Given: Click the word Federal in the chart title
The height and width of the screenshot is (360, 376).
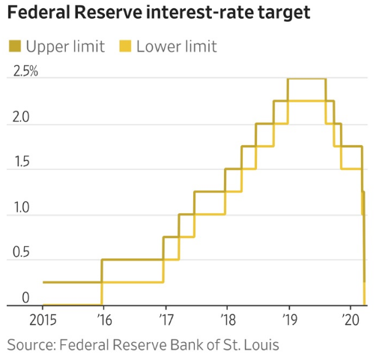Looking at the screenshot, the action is point(39,12).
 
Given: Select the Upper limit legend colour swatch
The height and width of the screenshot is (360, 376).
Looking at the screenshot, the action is point(15,46).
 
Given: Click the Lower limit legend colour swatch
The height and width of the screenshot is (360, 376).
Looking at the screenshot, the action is point(125,46).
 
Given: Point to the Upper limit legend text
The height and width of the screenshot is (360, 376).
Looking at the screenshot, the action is point(65,46).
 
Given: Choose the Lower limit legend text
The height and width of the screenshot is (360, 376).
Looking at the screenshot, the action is point(177,46).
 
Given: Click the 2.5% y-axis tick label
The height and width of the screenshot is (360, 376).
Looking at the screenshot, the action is point(25,71).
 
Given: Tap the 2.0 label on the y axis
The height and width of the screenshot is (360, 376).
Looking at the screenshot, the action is point(21,117).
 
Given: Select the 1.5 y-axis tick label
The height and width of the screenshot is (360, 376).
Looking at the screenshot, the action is point(22,162).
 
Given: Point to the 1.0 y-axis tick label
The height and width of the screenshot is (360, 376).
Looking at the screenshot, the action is point(22,207).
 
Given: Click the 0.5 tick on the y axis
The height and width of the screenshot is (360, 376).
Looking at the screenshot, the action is point(21,252).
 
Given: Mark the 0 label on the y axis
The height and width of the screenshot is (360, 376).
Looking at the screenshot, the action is point(25,298).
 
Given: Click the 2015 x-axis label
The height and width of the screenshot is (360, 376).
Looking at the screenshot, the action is point(43,320).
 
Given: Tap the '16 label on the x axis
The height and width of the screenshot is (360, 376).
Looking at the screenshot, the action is point(104,320).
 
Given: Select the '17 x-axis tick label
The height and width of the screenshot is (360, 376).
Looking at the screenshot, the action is point(166,320).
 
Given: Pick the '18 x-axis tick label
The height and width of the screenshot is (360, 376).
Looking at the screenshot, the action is point(228,320).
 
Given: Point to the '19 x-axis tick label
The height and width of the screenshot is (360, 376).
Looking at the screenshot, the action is point(290,320).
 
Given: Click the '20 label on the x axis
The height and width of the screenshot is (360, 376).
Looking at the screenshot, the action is point(351,320).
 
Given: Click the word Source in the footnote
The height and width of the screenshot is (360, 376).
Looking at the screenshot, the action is point(31,345).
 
